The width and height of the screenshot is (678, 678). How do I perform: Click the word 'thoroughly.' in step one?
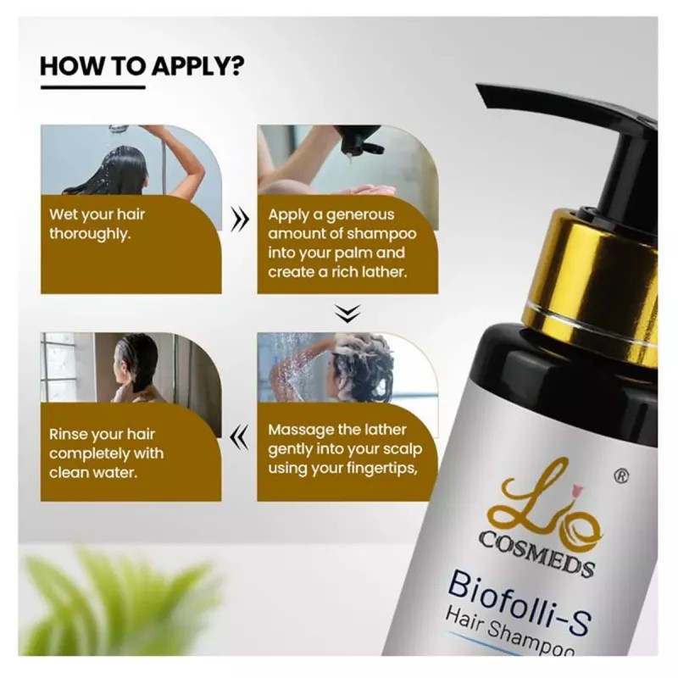(90, 234)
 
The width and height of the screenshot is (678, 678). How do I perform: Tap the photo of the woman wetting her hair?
(131, 161)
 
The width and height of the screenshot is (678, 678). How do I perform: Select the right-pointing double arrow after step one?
(240, 222)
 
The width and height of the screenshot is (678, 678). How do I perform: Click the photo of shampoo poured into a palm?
(347, 161)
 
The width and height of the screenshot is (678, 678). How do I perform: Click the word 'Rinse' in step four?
(69, 434)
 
